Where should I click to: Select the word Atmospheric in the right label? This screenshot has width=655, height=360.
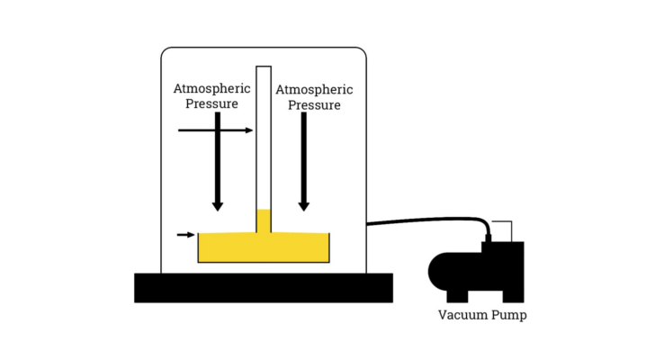pos(313,90)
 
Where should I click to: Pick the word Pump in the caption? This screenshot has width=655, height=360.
pos(508,315)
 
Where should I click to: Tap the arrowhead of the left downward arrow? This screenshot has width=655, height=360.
pos(217,206)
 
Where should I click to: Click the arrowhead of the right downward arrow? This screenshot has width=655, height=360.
pos(304,206)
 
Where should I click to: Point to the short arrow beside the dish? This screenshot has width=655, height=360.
pos(185,235)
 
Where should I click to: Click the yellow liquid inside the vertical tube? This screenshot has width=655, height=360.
pos(264,221)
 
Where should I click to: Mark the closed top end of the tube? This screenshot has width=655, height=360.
pos(264,67)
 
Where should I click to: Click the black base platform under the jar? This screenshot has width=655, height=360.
pos(263,287)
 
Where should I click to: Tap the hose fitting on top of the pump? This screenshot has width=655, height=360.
pos(489,237)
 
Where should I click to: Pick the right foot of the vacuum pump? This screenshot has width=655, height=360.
pos(513,295)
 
